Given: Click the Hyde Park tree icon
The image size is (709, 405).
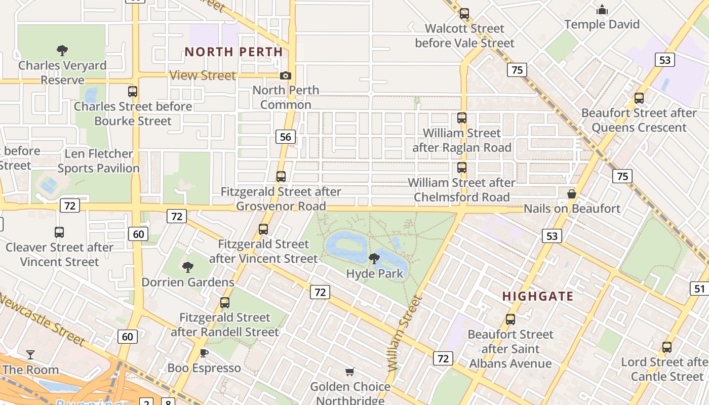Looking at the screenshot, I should tap(374, 259).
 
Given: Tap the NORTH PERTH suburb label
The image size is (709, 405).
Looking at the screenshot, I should tap(233, 52).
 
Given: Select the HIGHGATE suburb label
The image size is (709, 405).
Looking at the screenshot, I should tap(538, 296).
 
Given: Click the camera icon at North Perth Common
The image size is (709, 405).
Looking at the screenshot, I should tap(286, 75).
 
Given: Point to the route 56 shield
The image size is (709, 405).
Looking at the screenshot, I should tap(286, 137).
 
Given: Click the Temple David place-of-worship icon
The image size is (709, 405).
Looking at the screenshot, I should tap(602, 10).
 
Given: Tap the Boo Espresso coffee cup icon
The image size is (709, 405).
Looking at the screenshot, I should tap(204, 353).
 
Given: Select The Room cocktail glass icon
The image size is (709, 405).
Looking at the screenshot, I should tap(30, 354).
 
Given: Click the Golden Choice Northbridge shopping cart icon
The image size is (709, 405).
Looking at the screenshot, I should tap(349, 372).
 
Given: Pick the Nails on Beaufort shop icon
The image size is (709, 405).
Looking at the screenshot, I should tap(572, 194).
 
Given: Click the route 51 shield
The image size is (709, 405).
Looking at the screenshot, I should tap(699, 289).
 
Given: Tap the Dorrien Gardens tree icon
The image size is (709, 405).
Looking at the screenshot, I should tap(188, 267).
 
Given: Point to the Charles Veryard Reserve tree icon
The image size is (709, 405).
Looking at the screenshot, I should tap(62, 50).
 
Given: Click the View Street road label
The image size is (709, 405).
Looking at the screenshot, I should tap(203, 75).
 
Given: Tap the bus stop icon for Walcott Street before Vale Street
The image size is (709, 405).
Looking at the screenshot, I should tap(464, 14).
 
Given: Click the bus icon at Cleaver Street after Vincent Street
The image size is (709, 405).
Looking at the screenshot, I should tap(59, 232).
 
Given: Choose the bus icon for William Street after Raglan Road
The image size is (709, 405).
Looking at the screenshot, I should tap(462, 118).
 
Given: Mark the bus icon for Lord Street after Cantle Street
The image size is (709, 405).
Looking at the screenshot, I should tap(667, 347).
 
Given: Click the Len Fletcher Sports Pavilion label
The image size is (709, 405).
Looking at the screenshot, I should tap(98, 161).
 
